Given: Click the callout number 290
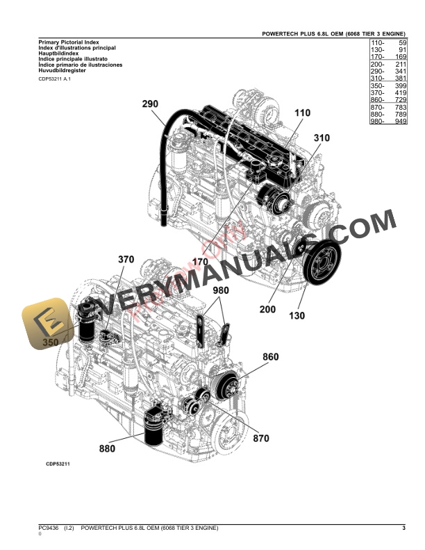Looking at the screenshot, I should coord(151,104).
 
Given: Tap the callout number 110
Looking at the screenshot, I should coord(303,112).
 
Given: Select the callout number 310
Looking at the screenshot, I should coord(321,138).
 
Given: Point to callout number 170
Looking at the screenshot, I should coord(201,262).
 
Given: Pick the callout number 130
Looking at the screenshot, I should coord(297,315).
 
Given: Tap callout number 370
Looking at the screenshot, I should coord(126,260).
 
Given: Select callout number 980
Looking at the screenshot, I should coord(220,290).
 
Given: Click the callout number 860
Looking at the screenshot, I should coord(270,357).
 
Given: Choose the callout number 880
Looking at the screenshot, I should coord(107,449).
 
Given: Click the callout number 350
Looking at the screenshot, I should coord(51,342).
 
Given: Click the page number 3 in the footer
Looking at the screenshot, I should coord(403,529).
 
